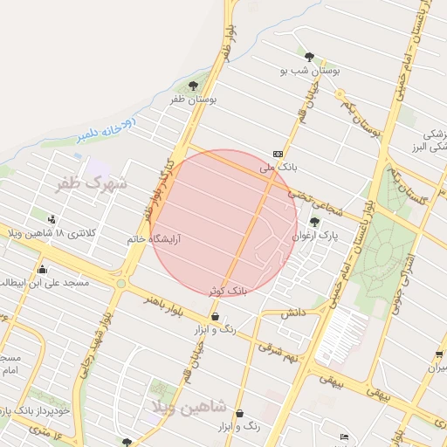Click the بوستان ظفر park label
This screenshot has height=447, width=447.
193,100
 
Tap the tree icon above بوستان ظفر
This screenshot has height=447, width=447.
193,86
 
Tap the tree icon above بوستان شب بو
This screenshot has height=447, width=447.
309,54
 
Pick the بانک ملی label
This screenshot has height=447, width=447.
279,165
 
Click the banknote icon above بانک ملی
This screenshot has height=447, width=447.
278,152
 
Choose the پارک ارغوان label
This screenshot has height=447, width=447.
313,236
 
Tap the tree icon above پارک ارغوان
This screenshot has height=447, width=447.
314,222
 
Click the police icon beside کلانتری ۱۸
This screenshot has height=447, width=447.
53,219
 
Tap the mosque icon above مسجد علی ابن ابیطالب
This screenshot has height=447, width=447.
42,269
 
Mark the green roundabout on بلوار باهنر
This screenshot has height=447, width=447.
121,283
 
